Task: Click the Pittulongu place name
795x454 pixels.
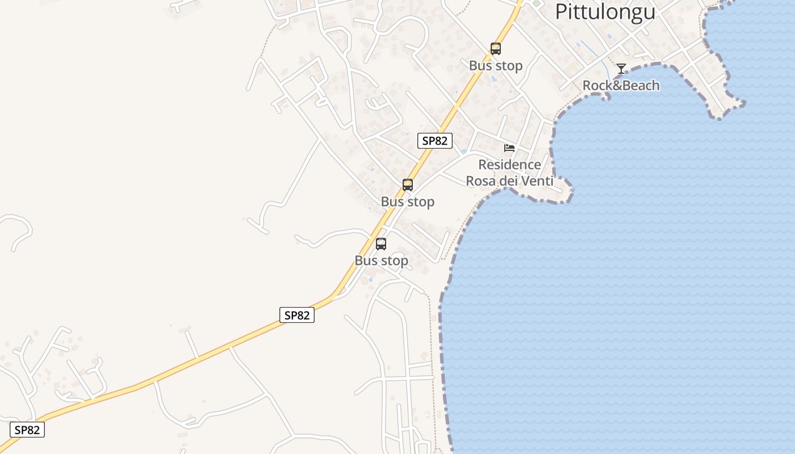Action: [605, 11]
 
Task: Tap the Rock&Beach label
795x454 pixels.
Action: [621, 86]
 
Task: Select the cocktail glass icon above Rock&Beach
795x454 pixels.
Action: [621, 69]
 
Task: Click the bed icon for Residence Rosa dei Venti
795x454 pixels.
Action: [509, 148]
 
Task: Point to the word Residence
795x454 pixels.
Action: [509, 165]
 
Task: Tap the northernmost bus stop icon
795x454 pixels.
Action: [496, 49]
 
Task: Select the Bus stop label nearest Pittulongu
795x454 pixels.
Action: [496, 66]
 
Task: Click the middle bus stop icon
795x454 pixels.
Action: [408, 184]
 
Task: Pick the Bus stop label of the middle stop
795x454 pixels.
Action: [408, 202]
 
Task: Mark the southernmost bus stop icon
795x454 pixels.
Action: [381, 244]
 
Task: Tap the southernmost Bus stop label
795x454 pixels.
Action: [382, 261]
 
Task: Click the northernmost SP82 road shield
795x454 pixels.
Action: [435, 141]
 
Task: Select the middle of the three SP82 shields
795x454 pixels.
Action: [296, 316]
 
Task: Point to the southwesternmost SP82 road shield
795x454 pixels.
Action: [27, 430]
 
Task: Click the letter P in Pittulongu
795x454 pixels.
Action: [560, 11]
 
